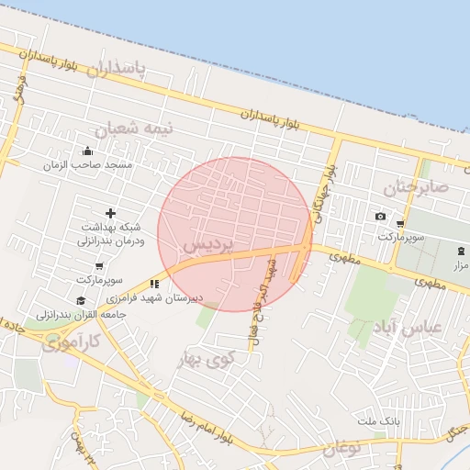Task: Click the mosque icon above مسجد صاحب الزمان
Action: [x=88, y=151]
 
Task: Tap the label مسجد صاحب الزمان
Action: [x=92, y=165]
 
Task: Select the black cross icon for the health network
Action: [x=111, y=214]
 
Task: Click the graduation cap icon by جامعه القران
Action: [x=81, y=300]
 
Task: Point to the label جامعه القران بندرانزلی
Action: [x=81, y=313]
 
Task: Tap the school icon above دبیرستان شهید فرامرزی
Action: [x=154, y=285]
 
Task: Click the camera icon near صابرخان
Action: [x=380, y=217]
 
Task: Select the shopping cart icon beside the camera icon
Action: [x=400, y=223]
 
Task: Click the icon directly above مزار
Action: [x=460, y=251]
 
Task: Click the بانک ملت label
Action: [x=378, y=420]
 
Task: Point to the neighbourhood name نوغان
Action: [x=341, y=447]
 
